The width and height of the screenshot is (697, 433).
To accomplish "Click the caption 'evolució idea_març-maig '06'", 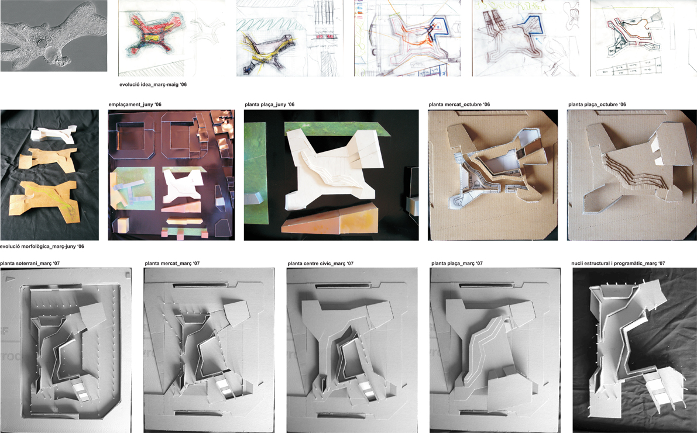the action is coord(153,84).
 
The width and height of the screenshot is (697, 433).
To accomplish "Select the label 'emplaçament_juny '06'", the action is coord(135,105).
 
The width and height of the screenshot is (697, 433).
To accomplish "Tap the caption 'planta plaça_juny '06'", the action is coord(269,105).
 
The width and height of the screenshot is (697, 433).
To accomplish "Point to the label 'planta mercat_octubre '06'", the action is coord(459,105).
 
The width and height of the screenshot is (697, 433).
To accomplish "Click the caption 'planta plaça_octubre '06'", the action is coord(597,105).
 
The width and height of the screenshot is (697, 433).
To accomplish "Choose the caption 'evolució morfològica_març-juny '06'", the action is coord(42,246).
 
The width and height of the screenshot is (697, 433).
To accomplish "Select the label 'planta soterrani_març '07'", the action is coord(30,264).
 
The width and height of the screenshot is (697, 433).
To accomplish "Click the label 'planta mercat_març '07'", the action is coord(172,264).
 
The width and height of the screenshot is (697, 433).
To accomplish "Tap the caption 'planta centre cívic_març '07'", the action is coord(321,264).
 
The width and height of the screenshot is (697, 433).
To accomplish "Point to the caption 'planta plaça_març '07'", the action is coord(457,264).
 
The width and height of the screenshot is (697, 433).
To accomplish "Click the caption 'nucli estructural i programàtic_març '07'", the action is coord(619,264).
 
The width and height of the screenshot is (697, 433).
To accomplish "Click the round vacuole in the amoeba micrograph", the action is coord(42,44).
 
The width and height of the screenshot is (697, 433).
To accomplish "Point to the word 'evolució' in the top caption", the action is coord(129,84).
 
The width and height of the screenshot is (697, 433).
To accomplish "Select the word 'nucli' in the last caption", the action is coord(578,264).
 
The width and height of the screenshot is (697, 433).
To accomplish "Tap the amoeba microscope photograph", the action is coord(53,36).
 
